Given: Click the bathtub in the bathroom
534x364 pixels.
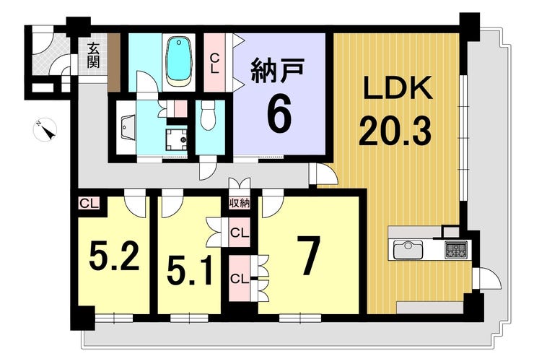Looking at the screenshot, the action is (178, 61).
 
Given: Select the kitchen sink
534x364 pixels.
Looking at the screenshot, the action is (408, 250).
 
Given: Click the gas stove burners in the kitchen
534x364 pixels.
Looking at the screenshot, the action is (456, 249).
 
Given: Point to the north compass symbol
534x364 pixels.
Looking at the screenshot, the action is (45, 129).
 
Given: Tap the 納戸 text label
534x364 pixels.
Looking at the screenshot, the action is (277, 71).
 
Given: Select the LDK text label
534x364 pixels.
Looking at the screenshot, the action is (398, 87).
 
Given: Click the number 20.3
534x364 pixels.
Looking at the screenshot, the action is (395, 130).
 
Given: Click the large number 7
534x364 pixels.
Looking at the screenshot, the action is (308, 255).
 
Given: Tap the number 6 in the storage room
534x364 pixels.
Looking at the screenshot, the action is (279, 114).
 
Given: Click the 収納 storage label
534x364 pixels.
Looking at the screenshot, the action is (240, 204).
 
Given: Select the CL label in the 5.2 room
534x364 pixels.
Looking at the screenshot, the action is (89, 204).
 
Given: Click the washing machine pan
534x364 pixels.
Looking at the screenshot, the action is (176, 139).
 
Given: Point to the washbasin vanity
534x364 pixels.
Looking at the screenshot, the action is (126, 127).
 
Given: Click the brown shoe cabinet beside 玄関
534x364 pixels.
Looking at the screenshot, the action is (114, 62).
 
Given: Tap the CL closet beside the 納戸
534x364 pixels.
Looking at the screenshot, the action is (214, 62).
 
